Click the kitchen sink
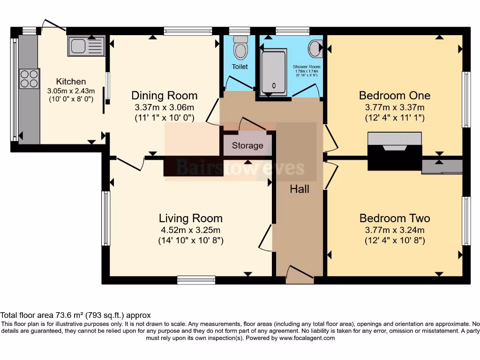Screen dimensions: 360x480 [x=86, y=46]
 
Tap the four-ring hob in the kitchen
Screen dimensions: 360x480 [x=29, y=79]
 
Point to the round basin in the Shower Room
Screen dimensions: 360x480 [x=315, y=47]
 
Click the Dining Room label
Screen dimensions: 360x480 [x=164, y=96]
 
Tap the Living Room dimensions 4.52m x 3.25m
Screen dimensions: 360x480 [x=190, y=230]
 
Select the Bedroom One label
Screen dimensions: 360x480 [x=394, y=96]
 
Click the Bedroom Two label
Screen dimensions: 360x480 [x=394, y=218]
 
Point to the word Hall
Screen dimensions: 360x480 [x=300, y=189]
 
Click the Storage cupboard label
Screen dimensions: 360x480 [x=247, y=145]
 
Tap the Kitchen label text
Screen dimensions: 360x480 [x=71, y=81]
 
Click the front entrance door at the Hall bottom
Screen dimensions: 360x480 [x=300, y=276]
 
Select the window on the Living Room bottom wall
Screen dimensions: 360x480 [x=196, y=280]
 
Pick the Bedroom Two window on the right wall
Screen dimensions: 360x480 [x=466, y=221]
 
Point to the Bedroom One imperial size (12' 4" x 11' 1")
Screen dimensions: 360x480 [x=394, y=118]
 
